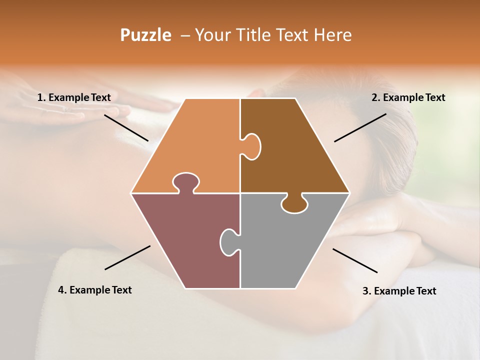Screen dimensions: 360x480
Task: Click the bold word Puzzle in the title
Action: [145, 35]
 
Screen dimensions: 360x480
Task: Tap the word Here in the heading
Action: [332, 35]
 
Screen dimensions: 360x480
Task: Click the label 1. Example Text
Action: [74, 97]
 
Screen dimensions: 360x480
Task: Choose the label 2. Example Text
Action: [408, 97]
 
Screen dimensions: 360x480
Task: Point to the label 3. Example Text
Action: [399, 291]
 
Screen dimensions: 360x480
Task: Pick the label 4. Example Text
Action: [95, 290]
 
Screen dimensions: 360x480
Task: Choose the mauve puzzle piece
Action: [185, 240]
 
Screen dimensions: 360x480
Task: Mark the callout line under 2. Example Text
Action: [360, 127]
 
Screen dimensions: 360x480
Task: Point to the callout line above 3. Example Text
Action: [355, 260]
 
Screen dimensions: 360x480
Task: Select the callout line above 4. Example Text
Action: [127, 257]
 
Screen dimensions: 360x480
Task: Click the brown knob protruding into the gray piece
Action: [294, 204]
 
